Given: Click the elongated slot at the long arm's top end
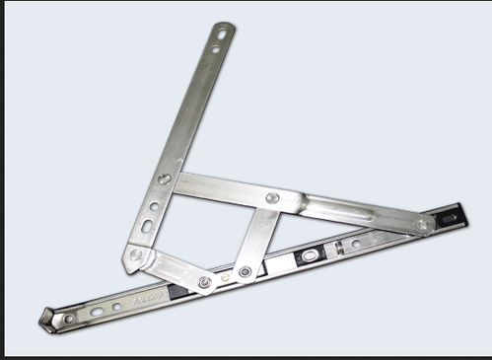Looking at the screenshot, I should (x=221, y=35).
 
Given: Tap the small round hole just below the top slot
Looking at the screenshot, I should (x=215, y=48).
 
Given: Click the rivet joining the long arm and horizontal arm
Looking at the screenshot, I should (x=165, y=179).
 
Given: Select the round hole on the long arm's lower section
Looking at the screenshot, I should (x=153, y=206).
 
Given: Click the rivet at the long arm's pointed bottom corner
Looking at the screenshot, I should (x=136, y=254).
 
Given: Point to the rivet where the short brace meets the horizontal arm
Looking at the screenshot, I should (x=273, y=198).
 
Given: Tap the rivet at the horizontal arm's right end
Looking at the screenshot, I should (x=423, y=224).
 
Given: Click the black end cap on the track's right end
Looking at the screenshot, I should (x=449, y=217).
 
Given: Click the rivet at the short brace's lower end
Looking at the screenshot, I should (x=244, y=272).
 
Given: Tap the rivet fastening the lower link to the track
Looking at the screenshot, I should (x=204, y=283).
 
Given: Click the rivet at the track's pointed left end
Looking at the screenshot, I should (x=68, y=319).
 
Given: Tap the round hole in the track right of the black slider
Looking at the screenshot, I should (x=357, y=243).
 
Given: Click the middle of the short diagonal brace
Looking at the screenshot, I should (x=256, y=237).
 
